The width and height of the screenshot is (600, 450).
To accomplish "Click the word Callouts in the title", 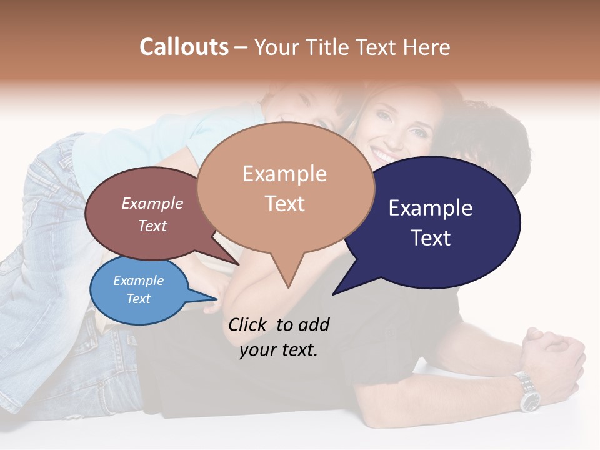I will [184, 47].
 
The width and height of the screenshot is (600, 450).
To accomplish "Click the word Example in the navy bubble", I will [430, 208].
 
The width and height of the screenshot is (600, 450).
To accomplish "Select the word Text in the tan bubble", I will [284, 204].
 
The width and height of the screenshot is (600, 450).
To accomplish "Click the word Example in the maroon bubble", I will [152, 204].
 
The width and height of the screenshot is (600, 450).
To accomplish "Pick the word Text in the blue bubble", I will [138, 299].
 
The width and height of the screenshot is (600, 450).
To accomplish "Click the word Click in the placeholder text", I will [247, 324].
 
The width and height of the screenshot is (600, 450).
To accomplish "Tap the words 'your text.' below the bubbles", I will [278, 350].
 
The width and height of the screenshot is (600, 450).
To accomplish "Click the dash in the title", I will [241, 47].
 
